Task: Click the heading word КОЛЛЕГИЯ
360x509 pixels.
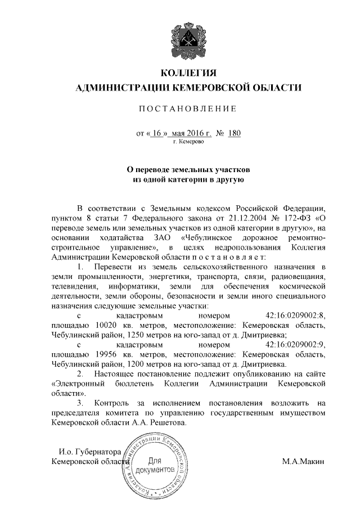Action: pyautogui.click(x=188, y=74)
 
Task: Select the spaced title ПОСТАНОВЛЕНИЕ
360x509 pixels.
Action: pyautogui.click(x=188, y=108)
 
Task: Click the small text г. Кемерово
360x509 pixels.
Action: pyautogui.click(x=188, y=142)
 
